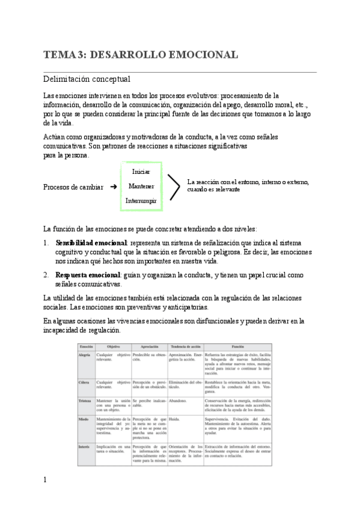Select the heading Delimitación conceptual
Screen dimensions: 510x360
pyautogui.click(x=87, y=79)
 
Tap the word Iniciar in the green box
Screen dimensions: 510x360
pyautogui.click(x=141, y=172)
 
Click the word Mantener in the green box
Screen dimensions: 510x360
pyautogui.click(x=141, y=186)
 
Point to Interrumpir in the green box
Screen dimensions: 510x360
pyautogui.click(x=141, y=201)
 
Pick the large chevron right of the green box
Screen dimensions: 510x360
pyautogui.click(x=172, y=186)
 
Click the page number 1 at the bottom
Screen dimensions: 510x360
pyautogui.click(x=45, y=497)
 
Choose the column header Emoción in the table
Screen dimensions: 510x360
pyautogui.click(x=87, y=347)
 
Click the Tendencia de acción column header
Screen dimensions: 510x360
pyautogui.click(x=185, y=347)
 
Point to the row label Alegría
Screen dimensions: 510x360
pyautogui.click(x=85, y=356)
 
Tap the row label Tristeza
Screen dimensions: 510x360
pyautogui.click(x=85, y=401)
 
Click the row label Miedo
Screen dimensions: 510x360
pyautogui.click(x=84, y=418)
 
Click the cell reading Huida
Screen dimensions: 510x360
pyautogui.click(x=175, y=418)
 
